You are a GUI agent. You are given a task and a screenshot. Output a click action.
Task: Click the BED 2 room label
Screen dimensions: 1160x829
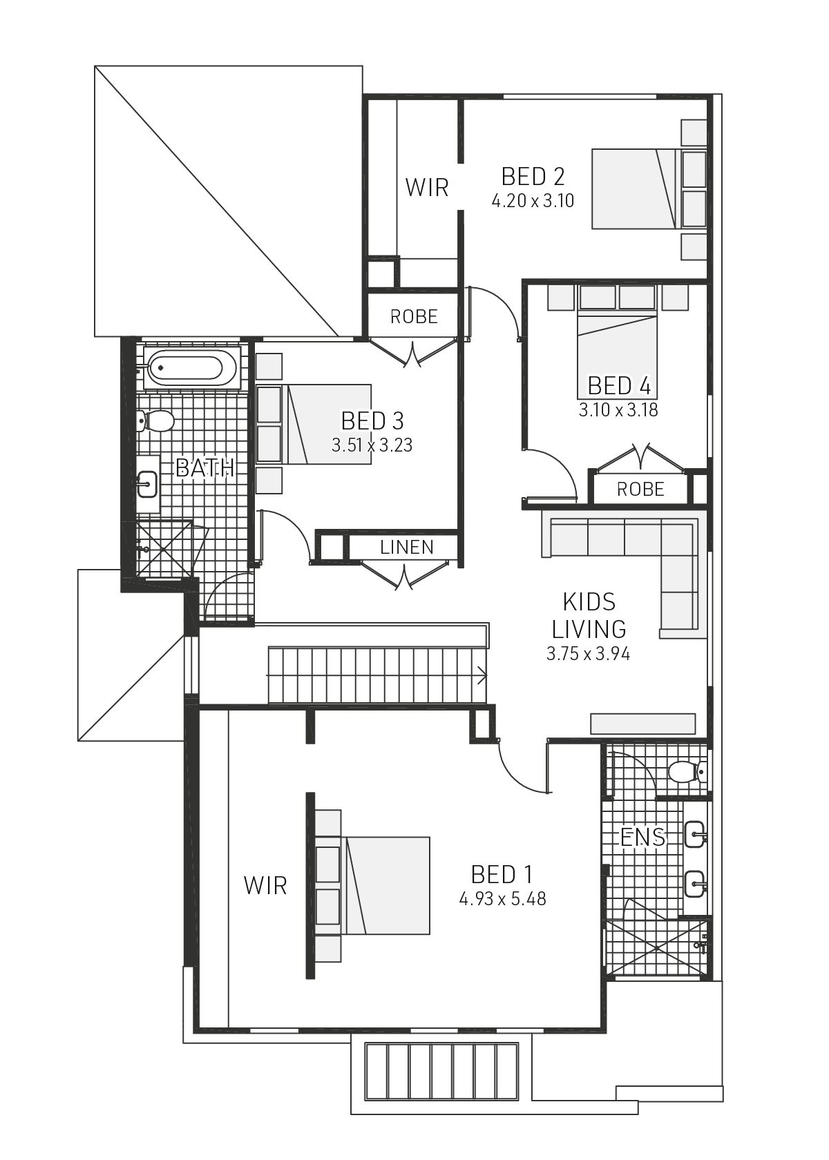click(533, 177)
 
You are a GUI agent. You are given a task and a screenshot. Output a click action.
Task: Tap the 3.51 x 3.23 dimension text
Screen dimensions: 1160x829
click(372, 445)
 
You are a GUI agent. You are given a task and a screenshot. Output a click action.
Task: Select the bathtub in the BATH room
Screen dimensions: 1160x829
click(191, 368)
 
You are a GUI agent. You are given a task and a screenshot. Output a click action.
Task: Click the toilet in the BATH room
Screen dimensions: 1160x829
click(156, 420)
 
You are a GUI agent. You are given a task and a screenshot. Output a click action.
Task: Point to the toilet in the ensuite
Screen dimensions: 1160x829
click(685, 771)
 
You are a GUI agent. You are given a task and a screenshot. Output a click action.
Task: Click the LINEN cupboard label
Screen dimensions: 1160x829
click(406, 548)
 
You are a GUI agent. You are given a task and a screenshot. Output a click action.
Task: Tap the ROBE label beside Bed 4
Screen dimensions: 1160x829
click(640, 490)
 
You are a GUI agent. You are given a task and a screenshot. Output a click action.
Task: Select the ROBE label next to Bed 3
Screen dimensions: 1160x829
click(414, 317)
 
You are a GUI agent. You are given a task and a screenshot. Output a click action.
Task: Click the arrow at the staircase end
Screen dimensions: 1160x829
click(481, 675)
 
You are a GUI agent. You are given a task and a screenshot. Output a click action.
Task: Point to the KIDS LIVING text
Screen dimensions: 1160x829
click(589, 615)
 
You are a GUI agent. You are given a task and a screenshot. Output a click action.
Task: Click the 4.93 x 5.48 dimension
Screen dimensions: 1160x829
click(502, 899)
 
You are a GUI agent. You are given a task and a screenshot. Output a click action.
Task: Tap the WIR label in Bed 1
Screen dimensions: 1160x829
click(265, 886)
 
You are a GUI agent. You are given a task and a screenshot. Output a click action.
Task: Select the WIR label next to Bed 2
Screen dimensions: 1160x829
click(426, 188)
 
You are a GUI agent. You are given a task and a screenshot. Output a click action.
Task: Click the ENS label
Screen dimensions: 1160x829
click(642, 838)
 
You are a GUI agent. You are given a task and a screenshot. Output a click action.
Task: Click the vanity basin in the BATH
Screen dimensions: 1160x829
click(146, 483)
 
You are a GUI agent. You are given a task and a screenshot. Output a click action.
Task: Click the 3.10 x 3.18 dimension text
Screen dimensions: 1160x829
click(618, 410)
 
